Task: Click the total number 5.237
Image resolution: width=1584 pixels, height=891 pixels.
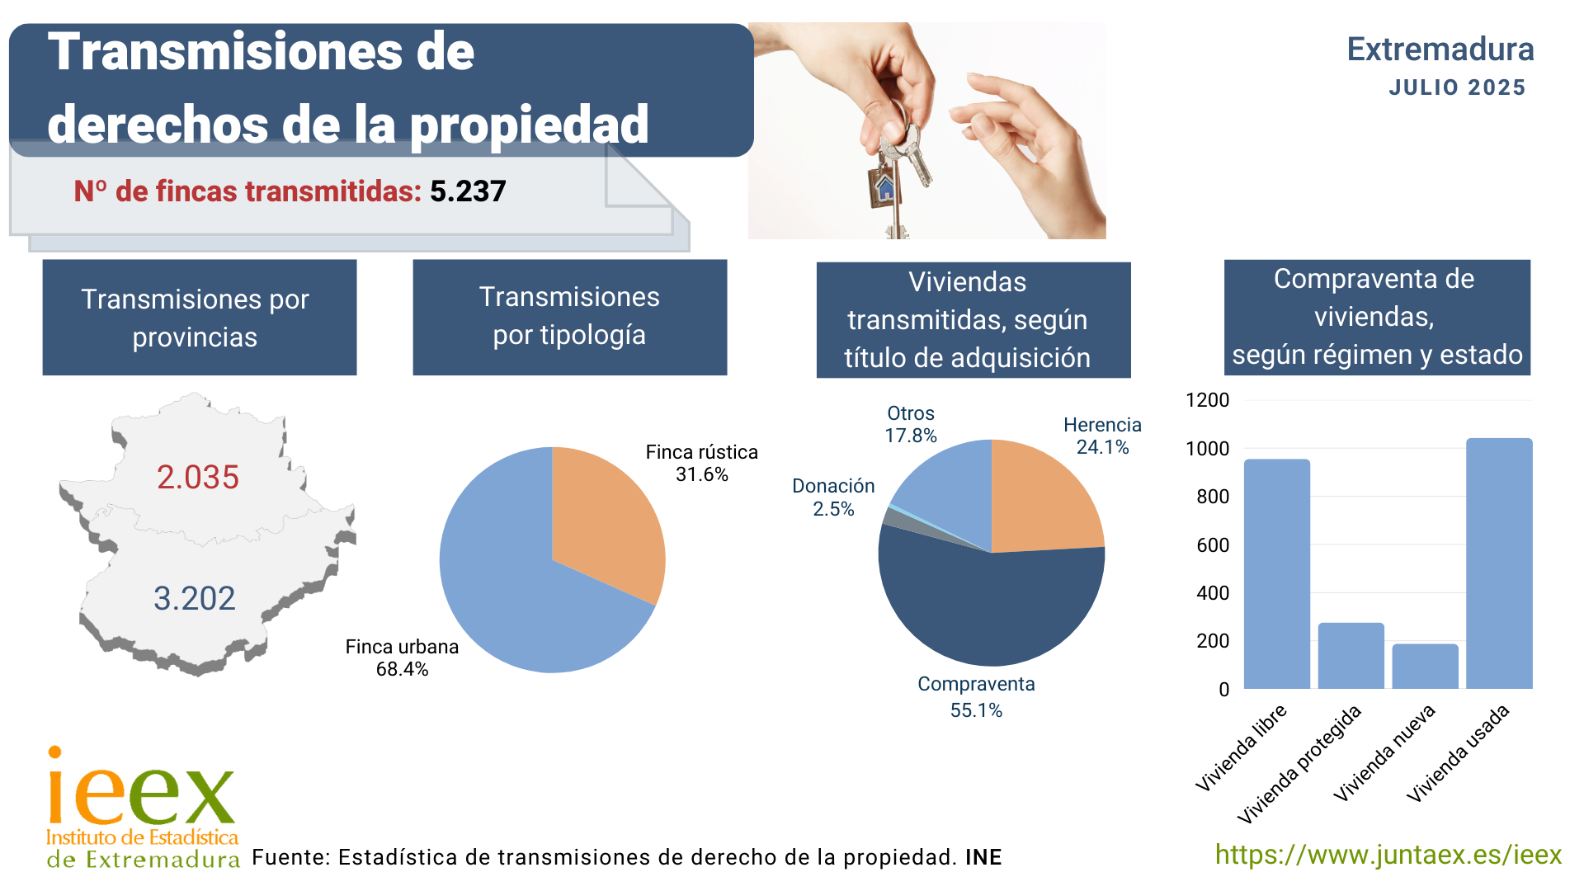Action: [x=468, y=191]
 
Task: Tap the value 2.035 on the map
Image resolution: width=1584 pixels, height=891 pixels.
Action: [x=198, y=477]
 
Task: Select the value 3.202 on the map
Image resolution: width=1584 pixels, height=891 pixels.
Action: [x=195, y=598]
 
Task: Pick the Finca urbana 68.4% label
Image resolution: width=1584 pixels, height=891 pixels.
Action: [x=402, y=658]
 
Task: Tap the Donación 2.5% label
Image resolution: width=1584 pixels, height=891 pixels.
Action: [x=833, y=497]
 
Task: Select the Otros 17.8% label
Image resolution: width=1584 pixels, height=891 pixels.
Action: [x=911, y=424]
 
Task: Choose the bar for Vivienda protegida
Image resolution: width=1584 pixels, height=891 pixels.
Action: [x=1351, y=656]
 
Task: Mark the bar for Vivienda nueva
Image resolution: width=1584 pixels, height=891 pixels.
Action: [x=1425, y=667]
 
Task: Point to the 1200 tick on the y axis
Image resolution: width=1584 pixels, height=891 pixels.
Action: [x=1207, y=400]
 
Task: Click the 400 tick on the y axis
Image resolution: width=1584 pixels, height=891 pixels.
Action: [x=1212, y=593]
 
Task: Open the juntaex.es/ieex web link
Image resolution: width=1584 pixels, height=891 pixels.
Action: [x=1388, y=855]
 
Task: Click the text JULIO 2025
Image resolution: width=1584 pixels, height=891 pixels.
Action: [x=1457, y=87]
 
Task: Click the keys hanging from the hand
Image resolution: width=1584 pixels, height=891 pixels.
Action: [x=895, y=165]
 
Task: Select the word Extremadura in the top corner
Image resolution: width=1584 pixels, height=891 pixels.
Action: [x=1440, y=49]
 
